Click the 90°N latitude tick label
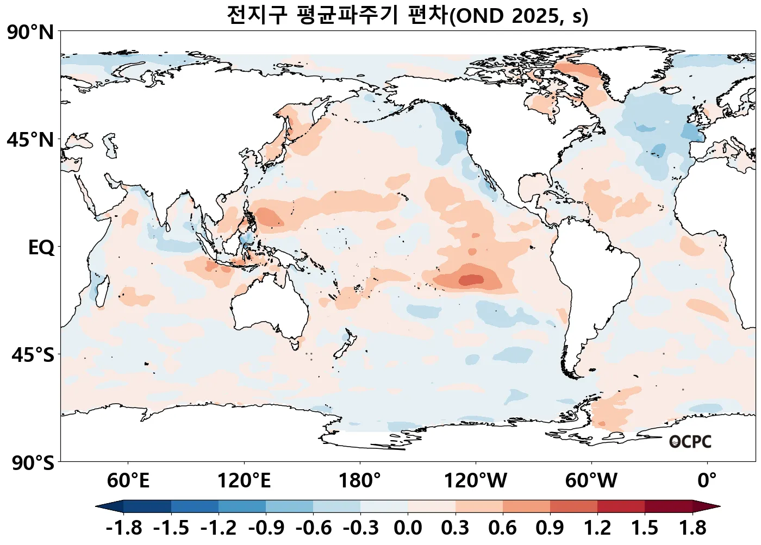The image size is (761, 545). point(30,33)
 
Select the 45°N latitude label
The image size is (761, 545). point(30,140)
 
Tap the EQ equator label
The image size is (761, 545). point(41,248)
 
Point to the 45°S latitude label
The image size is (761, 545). point(33,355)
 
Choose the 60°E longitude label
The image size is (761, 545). point(128,481)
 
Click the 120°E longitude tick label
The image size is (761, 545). point(244,481)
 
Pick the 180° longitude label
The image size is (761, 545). point(360,481)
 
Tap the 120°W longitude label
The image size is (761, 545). point(476,481)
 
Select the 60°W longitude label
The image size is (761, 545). point(591,481)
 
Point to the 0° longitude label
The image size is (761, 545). point(707,481)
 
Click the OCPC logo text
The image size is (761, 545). point(690,442)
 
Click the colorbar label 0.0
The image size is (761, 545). point(408,528)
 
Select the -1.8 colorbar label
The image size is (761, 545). point(124,528)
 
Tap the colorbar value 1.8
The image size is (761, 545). point(693,528)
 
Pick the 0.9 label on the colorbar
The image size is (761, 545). point(550,528)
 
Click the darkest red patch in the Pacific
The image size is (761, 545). point(471,280)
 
